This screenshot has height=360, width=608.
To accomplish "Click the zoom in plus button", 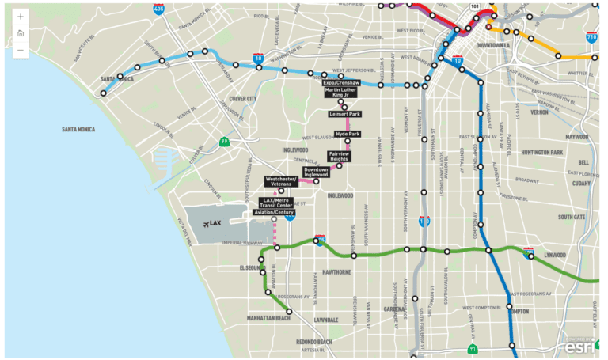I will [x=20, y=16].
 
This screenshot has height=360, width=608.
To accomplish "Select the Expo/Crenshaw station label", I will [x=341, y=82].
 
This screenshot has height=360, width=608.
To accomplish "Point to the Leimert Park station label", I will [x=345, y=114].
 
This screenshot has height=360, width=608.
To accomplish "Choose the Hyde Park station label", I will [x=348, y=135].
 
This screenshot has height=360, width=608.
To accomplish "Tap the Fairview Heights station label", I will [x=338, y=157].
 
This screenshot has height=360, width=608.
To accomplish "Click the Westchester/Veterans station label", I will [x=281, y=181].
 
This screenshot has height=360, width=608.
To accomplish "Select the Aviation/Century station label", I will [x=274, y=212].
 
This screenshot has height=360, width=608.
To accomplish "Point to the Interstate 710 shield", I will [x=591, y=37].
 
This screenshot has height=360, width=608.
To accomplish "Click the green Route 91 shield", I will [x=473, y=347].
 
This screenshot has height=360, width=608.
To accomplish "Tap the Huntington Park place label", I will [x=541, y=152].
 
